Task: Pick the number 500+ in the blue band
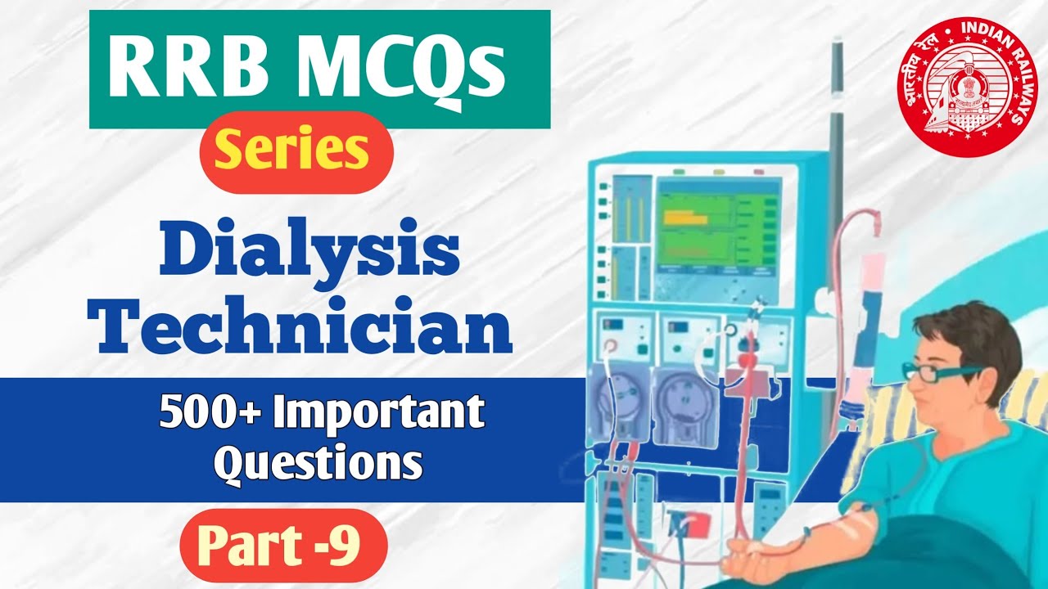[210, 414]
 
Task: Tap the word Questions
[318, 463]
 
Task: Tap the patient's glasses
[942, 371]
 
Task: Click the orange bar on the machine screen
[684, 218]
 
